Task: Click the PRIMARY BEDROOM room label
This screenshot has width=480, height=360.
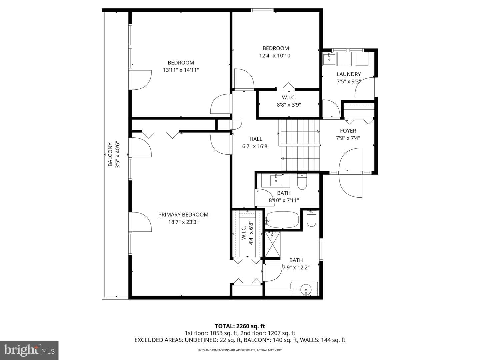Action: (x=183, y=215)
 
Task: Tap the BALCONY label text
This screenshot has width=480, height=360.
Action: (x=110, y=154)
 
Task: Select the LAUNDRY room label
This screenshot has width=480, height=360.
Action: (x=349, y=74)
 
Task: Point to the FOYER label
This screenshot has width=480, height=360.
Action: (x=348, y=131)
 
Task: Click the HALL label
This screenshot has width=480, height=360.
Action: (x=256, y=139)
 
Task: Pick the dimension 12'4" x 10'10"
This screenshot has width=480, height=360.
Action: (x=276, y=56)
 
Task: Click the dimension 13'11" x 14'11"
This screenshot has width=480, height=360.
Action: (x=181, y=70)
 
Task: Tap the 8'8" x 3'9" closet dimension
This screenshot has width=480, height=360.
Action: (x=289, y=105)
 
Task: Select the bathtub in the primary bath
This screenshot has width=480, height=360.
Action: (x=283, y=220)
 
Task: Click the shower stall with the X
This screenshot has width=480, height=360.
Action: (x=272, y=244)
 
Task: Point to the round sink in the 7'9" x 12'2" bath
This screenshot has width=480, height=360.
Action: (x=306, y=290)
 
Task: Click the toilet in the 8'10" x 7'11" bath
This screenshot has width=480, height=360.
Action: (x=302, y=181)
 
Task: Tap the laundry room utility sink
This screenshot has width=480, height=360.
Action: (x=329, y=59)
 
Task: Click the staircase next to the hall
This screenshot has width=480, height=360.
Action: (x=299, y=145)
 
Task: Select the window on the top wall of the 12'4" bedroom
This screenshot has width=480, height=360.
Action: (x=262, y=10)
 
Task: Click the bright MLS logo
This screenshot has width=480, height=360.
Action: (x=29, y=350)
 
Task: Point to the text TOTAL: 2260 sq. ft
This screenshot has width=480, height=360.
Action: (x=240, y=326)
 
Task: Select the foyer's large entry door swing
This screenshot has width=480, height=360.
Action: (x=350, y=173)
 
